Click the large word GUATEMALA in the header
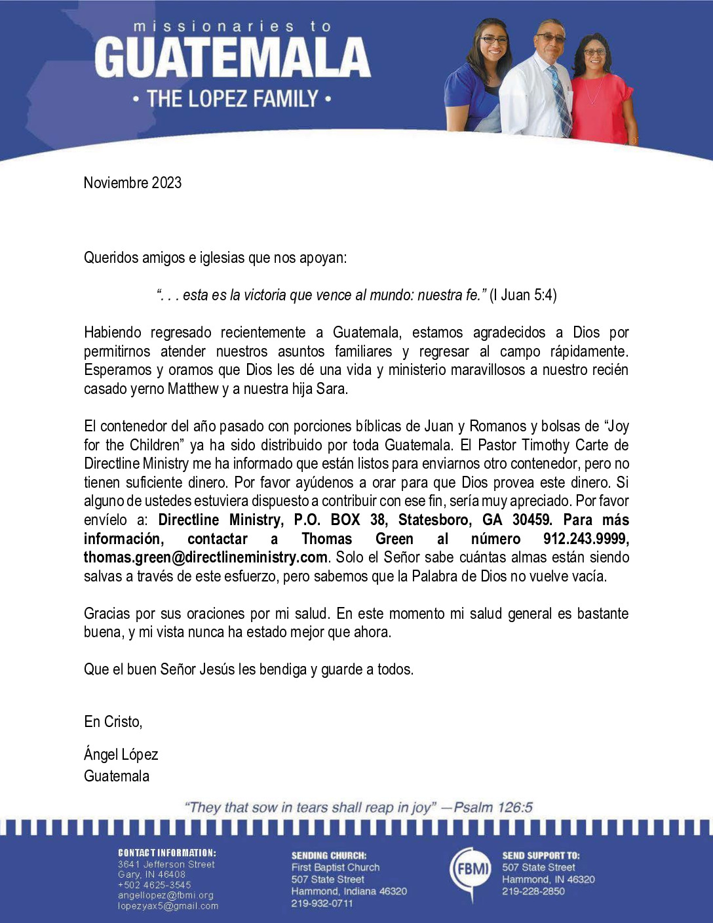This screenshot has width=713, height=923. click(x=233, y=58)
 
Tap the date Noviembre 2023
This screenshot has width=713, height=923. click(x=132, y=183)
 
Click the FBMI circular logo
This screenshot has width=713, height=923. click(x=471, y=870)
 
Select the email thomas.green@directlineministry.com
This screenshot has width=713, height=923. click(x=205, y=557)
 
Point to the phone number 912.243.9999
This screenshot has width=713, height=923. click(x=586, y=539)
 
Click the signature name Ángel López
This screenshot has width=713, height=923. click(x=121, y=755)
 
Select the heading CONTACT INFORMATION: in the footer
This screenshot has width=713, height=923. click(x=166, y=853)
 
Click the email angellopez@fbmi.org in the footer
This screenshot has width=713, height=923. click(x=165, y=895)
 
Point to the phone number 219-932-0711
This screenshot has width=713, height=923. click(x=322, y=903)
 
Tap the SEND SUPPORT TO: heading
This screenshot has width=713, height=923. click(x=541, y=855)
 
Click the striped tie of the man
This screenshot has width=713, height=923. click(x=559, y=98)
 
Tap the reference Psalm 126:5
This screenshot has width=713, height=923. click(x=493, y=808)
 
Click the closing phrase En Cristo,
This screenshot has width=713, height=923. click(x=113, y=722)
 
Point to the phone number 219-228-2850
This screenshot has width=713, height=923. click(x=533, y=892)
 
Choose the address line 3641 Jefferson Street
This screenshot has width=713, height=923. click(x=166, y=864)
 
